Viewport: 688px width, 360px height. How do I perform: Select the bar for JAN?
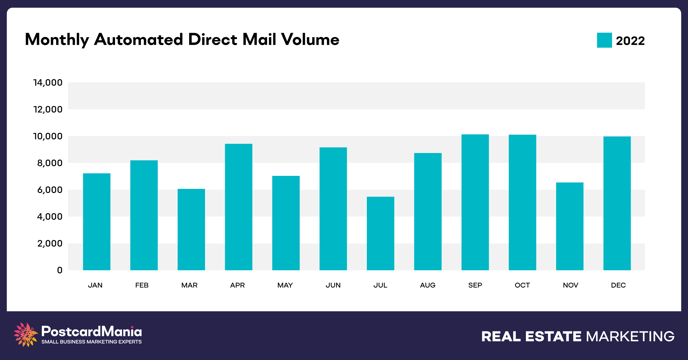click(x=97, y=222)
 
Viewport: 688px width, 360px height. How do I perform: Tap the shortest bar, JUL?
click(x=380, y=233)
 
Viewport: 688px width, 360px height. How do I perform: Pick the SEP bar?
click(x=475, y=202)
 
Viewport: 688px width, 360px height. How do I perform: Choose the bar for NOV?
click(x=570, y=226)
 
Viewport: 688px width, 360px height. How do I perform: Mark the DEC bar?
click(x=617, y=203)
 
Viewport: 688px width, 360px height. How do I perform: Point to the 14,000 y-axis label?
click(x=48, y=83)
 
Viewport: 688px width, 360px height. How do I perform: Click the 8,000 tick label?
click(x=50, y=163)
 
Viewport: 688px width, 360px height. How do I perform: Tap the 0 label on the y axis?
click(x=60, y=270)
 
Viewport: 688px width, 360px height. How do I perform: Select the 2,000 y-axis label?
click(x=50, y=243)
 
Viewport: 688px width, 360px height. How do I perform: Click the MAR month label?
click(x=189, y=285)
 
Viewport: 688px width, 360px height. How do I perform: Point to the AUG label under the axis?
click(x=428, y=285)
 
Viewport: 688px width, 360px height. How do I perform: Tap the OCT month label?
click(x=522, y=285)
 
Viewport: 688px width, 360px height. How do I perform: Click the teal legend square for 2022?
click(x=604, y=40)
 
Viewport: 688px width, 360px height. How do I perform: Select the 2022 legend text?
click(x=630, y=41)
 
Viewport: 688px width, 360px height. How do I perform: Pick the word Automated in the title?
click(x=138, y=39)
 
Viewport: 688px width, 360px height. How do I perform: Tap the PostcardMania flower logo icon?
click(x=26, y=334)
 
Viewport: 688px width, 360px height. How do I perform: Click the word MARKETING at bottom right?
click(x=630, y=336)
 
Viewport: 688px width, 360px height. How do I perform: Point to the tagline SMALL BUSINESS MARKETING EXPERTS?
click(x=91, y=342)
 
